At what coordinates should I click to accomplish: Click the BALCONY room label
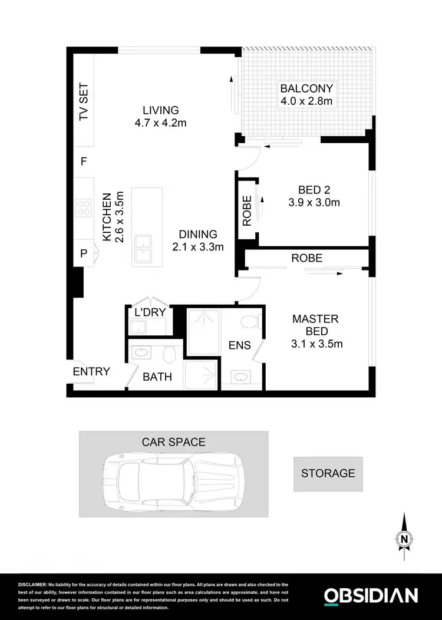coord(306,89)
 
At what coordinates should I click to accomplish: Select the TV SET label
coord(84,102)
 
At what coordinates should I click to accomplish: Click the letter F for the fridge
coord(84,161)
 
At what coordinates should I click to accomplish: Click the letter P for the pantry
coord(84,253)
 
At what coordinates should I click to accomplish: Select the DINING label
coord(198,235)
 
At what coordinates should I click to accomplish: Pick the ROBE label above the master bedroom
coord(306,258)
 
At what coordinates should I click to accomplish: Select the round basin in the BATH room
coord(141,353)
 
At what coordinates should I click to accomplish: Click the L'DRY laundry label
coord(151,312)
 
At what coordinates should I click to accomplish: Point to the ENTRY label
coord(91,371)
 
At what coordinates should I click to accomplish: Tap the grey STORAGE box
coord(328,473)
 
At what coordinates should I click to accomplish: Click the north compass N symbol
coord(404,537)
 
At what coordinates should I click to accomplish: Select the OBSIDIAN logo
coord(371,595)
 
